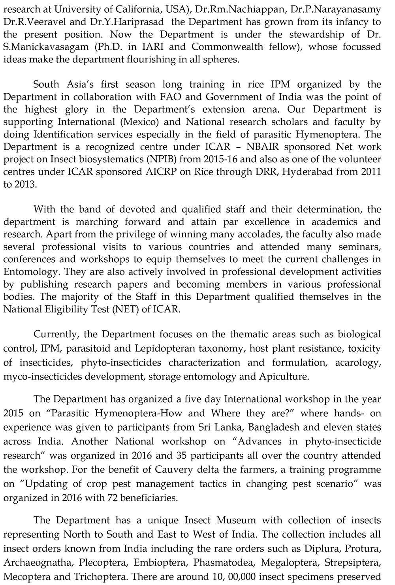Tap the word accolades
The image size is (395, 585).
tap(262, 234)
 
